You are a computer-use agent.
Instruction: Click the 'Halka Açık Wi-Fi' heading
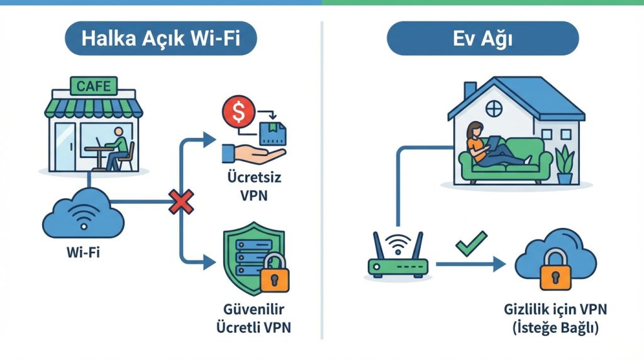pyautogui.click(x=161, y=39)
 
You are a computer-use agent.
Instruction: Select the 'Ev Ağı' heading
pyautogui.click(x=482, y=39)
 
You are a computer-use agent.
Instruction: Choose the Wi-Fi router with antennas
pyautogui.click(x=397, y=258)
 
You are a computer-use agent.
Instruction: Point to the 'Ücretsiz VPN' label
pyautogui.click(x=253, y=186)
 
